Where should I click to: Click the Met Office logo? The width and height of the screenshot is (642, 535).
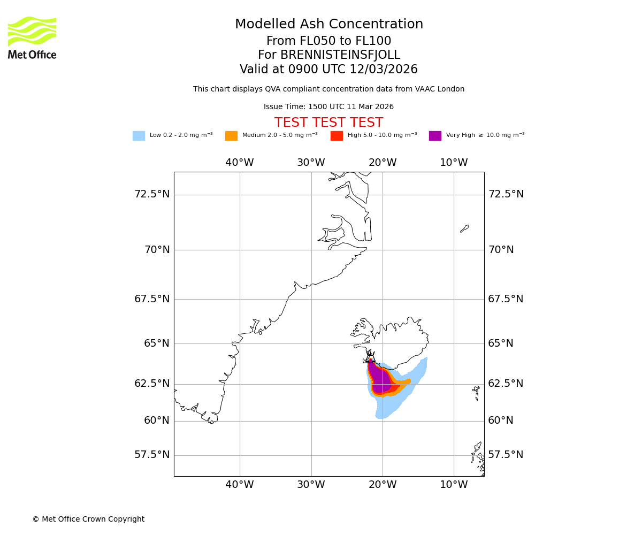point(32,37)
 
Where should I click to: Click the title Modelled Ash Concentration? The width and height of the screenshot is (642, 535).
point(329,25)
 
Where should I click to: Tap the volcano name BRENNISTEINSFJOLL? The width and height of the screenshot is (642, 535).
point(329,55)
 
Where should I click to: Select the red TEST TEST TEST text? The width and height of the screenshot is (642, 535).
point(328,123)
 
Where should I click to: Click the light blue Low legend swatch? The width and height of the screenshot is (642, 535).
point(139,136)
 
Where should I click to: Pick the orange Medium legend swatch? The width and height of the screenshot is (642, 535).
point(231,136)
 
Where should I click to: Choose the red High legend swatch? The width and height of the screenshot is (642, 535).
point(337,136)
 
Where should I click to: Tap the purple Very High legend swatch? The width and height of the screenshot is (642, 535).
point(435,136)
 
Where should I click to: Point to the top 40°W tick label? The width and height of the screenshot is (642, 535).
point(239,163)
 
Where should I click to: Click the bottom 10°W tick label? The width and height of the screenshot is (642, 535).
point(454,485)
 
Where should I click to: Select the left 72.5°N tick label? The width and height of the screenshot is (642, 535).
point(152,194)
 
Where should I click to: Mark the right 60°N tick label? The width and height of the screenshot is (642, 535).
point(501,421)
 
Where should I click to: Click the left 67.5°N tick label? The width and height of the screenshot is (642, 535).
point(152,299)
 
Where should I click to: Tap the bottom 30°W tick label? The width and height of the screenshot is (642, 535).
point(311,485)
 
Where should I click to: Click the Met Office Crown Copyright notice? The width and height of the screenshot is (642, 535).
point(88,519)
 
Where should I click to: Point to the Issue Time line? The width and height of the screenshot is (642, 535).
point(328,107)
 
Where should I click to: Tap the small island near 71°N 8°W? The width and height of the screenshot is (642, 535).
point(464,228)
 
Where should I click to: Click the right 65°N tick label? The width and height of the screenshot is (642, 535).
point(501,343)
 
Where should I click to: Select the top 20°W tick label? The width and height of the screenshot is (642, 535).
point(383,163)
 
